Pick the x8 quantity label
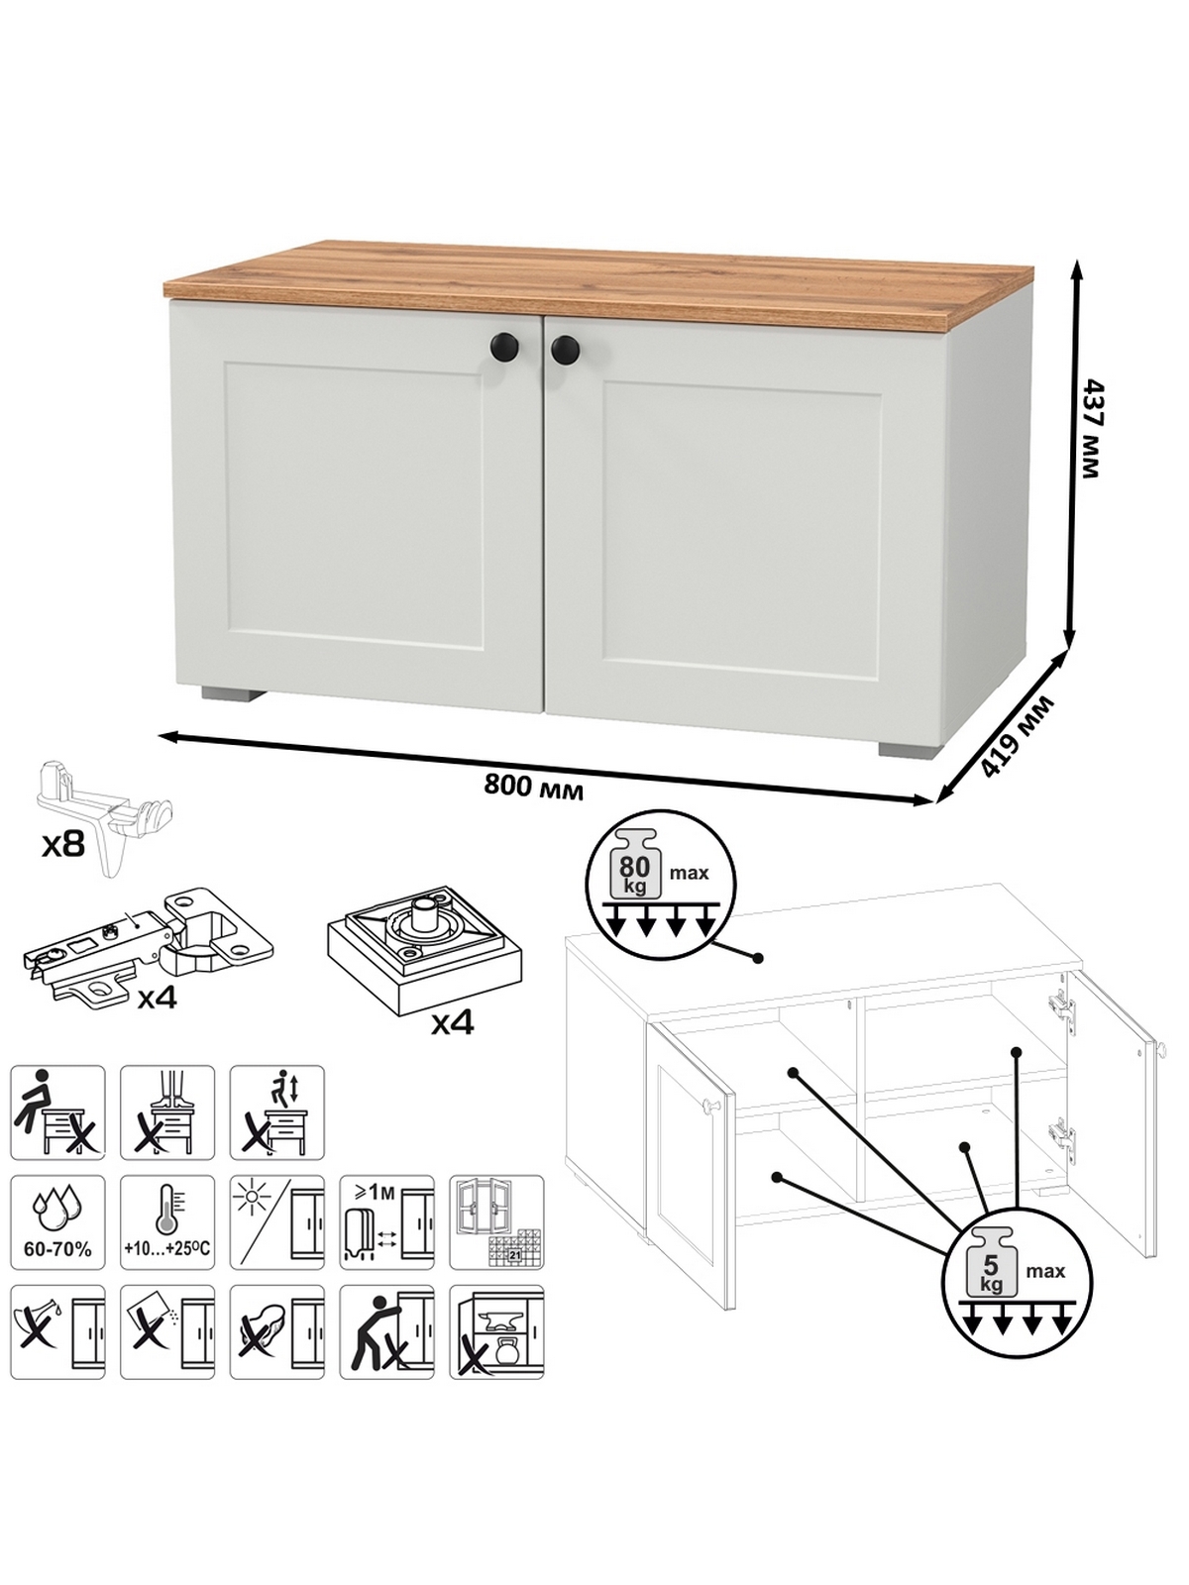62,844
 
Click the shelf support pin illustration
105,815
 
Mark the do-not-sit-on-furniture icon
57,1112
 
